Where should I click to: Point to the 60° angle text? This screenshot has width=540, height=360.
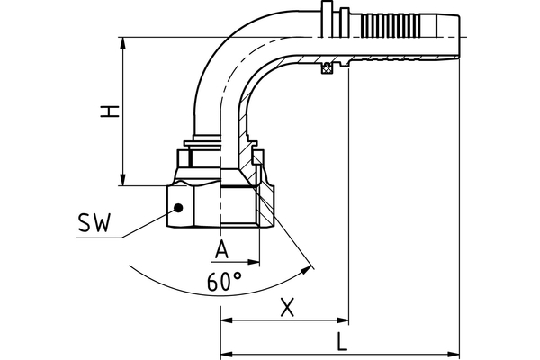point(224,282)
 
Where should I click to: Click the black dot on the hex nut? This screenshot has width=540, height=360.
point(178,207)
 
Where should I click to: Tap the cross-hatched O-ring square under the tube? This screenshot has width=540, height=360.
point(329,67)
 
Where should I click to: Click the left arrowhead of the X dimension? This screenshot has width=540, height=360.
point(226,320)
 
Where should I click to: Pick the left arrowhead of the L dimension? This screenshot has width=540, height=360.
point(226,352)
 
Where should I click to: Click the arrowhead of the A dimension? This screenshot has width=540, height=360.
point(255,262)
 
